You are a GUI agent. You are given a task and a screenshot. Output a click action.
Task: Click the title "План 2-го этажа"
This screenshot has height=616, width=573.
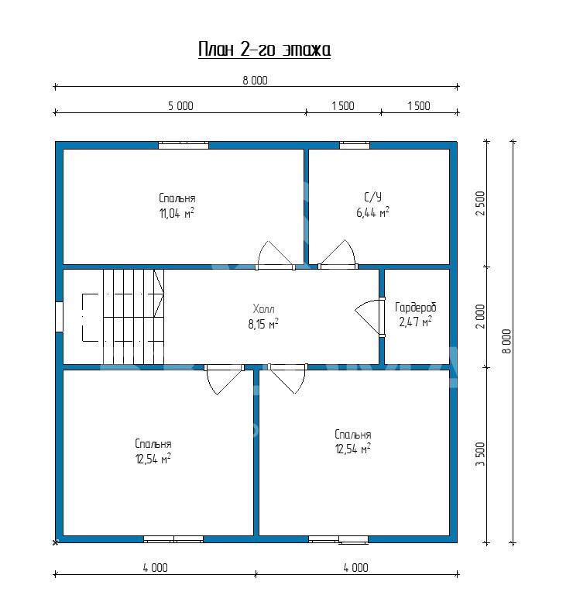[264, 50]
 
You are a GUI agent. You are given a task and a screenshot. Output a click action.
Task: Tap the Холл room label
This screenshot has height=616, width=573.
[264, 308]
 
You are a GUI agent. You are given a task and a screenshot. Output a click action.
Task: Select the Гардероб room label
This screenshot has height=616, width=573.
[416, 307]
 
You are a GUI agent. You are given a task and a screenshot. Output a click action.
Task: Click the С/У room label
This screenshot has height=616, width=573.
[373, 197]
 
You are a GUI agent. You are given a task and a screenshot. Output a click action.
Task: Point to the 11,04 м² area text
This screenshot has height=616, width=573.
[177, 213]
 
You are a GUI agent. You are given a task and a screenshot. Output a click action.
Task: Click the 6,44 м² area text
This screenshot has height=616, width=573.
[373, 212]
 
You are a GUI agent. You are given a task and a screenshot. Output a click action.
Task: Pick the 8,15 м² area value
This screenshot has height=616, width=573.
[263, 324]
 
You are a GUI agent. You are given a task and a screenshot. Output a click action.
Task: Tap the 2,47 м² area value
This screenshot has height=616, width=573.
[416, 322]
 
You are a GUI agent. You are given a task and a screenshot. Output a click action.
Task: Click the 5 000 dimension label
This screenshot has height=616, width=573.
[180, 106]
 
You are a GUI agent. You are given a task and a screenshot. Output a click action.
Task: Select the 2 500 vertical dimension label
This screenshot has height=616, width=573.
[480, 203]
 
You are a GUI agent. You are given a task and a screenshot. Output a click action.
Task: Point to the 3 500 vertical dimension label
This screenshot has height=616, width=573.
[480, 454]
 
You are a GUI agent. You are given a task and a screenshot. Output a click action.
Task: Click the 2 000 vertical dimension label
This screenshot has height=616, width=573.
[480, 316]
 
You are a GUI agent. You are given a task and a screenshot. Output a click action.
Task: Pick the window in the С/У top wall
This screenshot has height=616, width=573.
[355, 146]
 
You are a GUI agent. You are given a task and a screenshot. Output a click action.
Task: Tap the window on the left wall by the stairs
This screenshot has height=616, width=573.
[59, 317]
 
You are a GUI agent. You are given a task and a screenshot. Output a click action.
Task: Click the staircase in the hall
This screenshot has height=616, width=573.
[133, 317]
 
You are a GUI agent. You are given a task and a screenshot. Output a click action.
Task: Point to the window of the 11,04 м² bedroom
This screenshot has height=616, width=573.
[184, 146]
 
